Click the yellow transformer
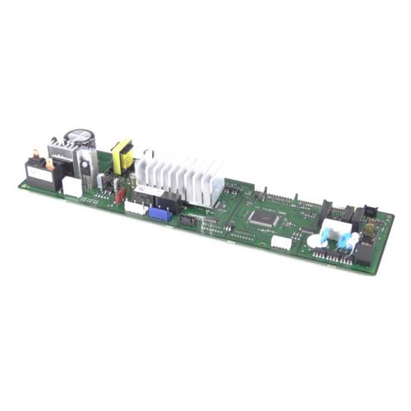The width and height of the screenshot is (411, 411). [x=122, y=156]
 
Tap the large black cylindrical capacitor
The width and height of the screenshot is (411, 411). [x=81, y=140]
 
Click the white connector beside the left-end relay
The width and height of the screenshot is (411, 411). [x=72, y=187]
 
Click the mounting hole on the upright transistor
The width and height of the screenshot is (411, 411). [x=84, y=163]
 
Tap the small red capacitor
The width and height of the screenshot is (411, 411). [x=121, y=196]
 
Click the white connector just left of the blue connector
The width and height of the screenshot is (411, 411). [x=136, y=208]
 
